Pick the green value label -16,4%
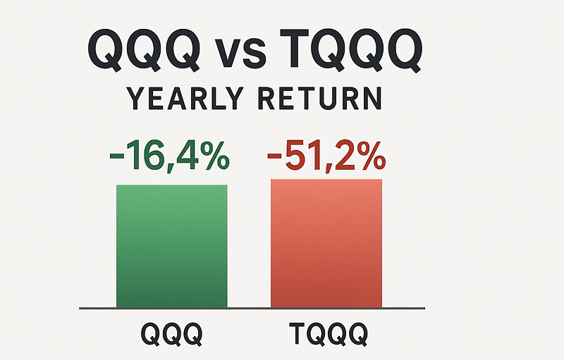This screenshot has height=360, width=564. [170, 156]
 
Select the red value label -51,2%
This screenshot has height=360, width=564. [325, 156]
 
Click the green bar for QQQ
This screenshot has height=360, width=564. [172, 246]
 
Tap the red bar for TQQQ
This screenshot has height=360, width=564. [326, 243]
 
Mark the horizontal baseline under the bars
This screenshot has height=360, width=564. [252, 308]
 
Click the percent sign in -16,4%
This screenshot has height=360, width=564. [214, 156]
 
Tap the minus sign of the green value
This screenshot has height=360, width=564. [118, 158]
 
